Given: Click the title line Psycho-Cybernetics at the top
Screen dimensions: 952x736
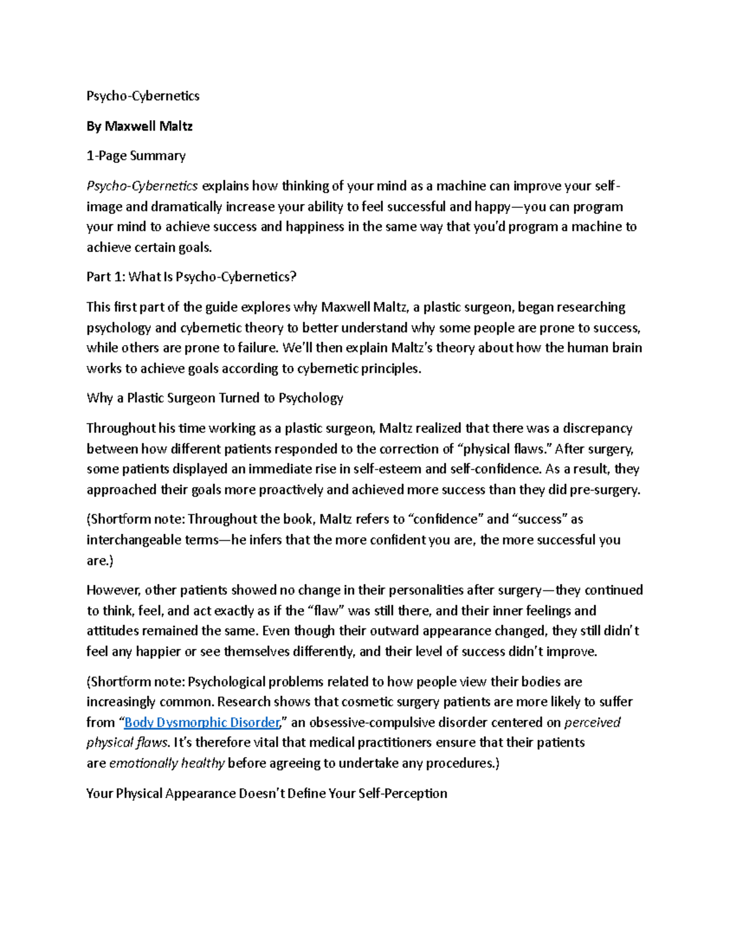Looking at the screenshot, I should [x=143, y=96].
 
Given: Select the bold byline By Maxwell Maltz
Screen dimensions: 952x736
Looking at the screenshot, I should [x=140, y=126].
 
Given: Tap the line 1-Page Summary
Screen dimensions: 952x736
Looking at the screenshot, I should [x=136, y=156].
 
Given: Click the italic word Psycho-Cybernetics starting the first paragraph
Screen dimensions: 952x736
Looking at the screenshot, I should [x=142, y=186].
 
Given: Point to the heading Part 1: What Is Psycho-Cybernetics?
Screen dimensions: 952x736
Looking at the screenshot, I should [x=191, y=276].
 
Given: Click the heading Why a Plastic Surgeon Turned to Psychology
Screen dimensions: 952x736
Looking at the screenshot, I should [x=215, y=398].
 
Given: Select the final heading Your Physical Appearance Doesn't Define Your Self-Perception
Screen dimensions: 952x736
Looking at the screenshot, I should [x=267, y=793].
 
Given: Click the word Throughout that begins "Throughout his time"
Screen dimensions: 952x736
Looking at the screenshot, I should [x=121, y=428].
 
